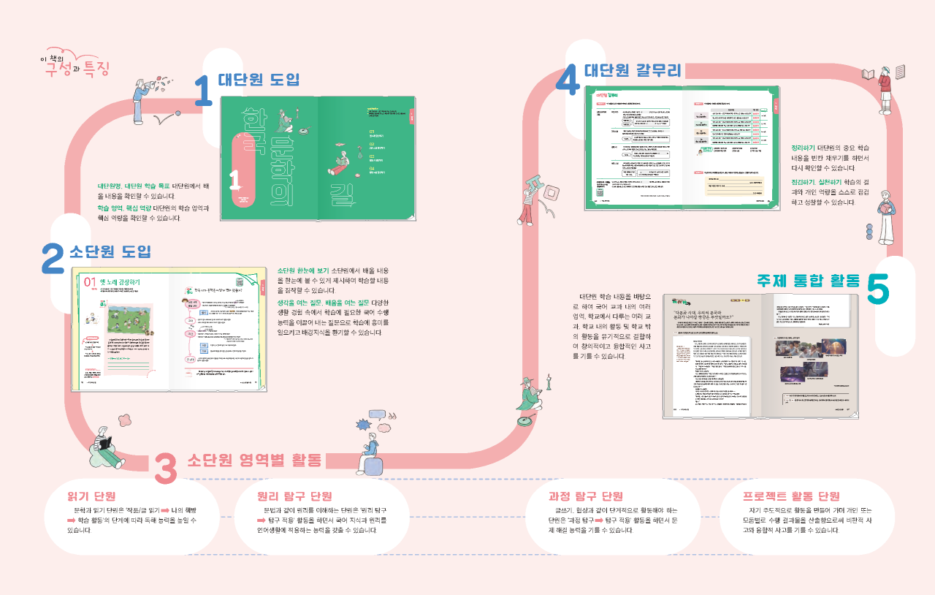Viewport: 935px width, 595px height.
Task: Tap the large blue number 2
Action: point(53,258)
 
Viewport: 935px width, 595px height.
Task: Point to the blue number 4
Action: point(568,79)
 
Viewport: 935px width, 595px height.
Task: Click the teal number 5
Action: point(879,287)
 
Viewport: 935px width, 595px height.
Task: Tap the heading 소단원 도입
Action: point(110,252)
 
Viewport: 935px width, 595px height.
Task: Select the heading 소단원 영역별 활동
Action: point(254,461)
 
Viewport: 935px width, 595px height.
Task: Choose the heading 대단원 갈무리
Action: point(633,70)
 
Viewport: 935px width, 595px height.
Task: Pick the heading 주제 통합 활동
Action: point(808,281)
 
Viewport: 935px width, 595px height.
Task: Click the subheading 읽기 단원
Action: point(91,496)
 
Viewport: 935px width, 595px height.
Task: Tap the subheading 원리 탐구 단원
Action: point(294,496)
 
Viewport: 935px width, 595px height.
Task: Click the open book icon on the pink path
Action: point(868,74)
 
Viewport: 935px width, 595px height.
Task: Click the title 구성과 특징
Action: point(76,68)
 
